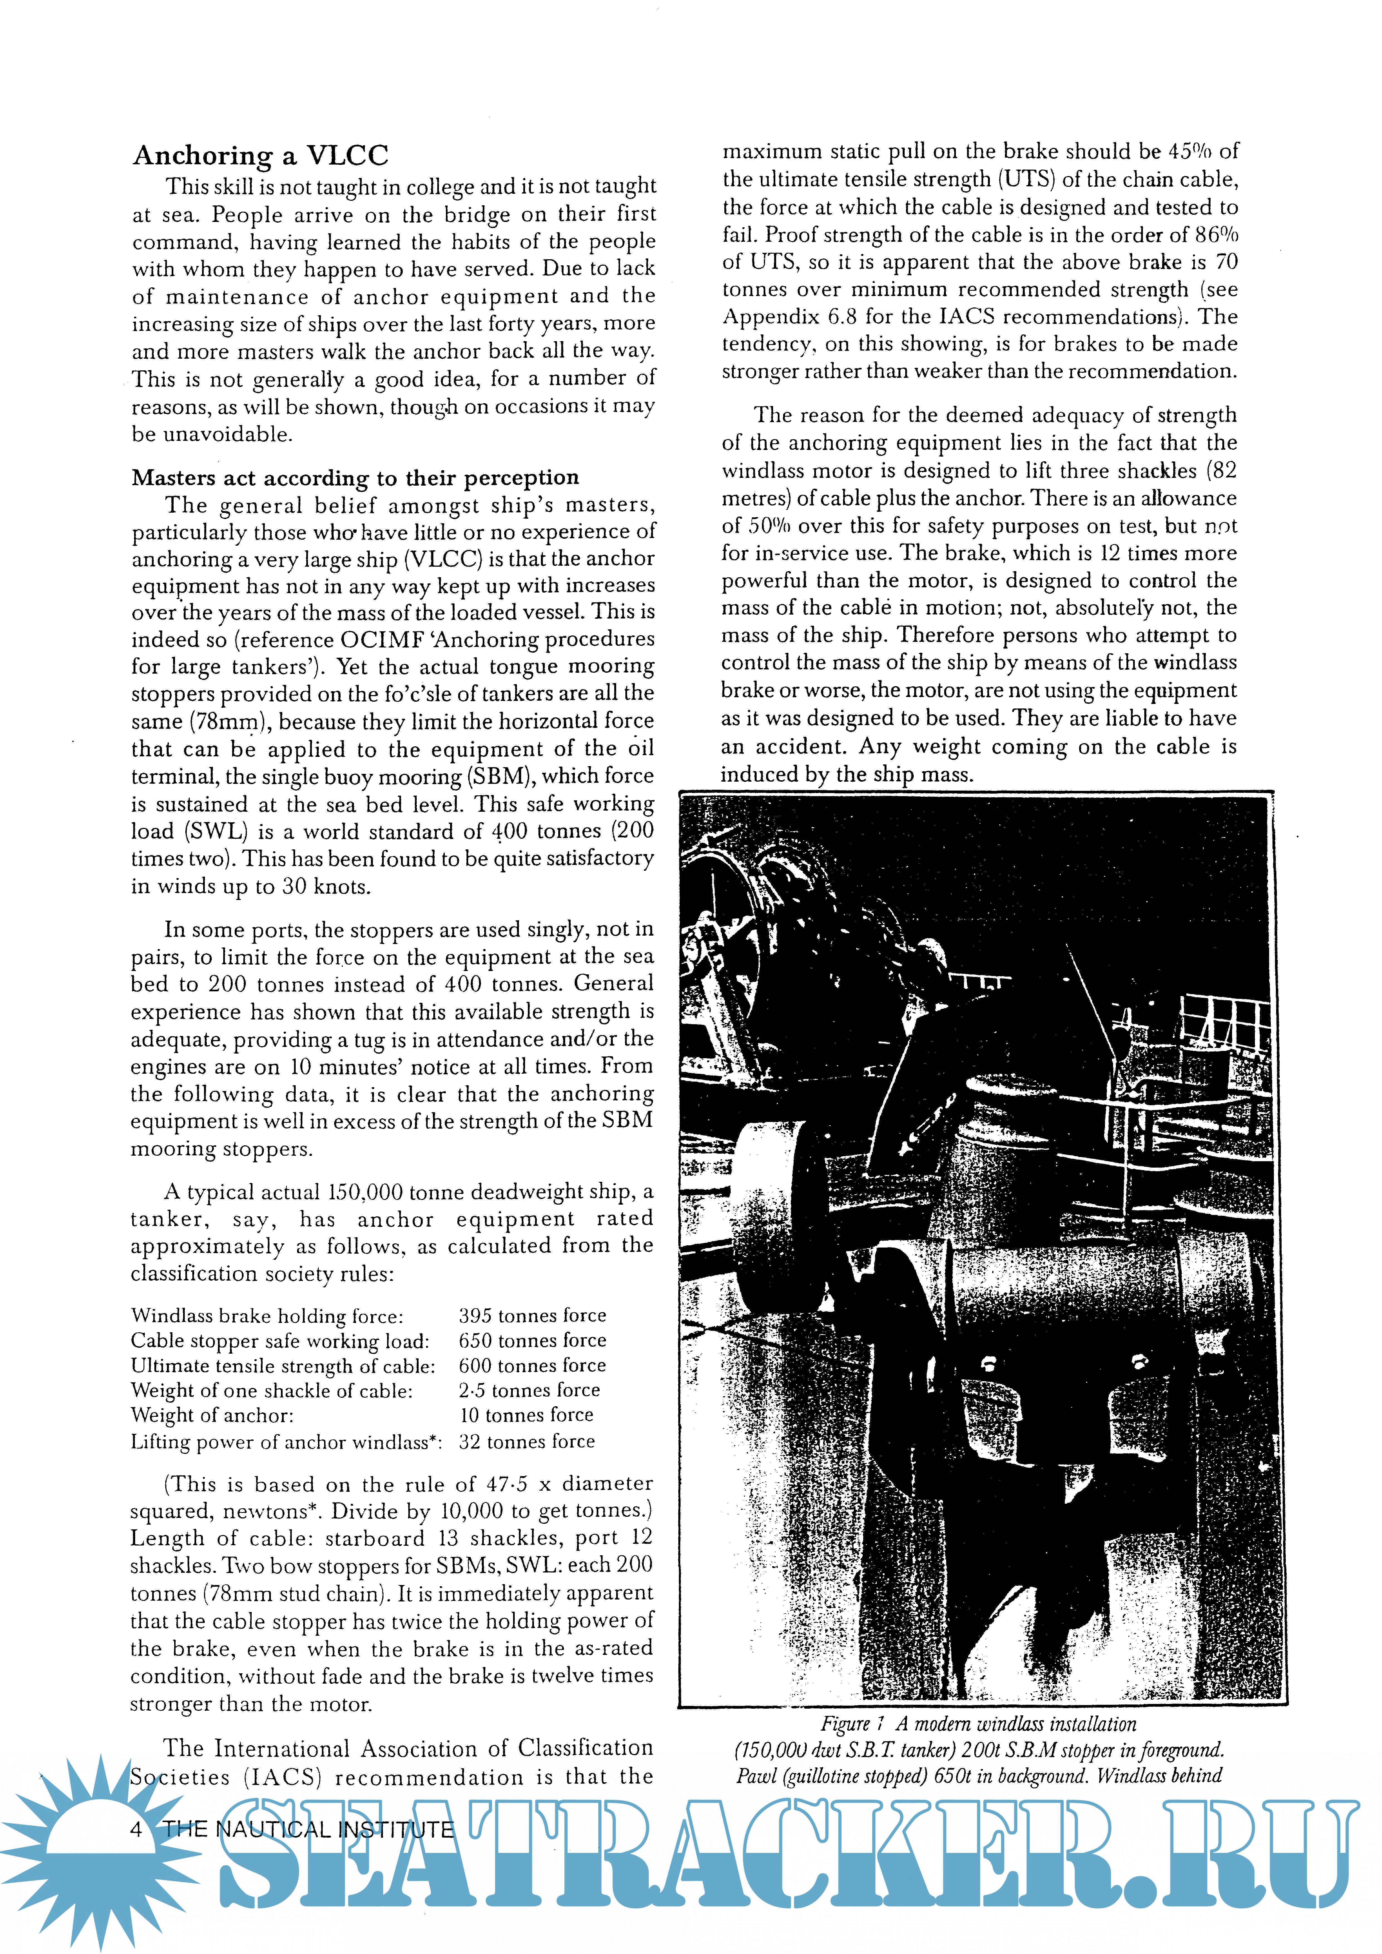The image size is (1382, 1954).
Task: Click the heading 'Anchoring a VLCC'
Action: [261, 156]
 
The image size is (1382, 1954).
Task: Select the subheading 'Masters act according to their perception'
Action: [355, 478]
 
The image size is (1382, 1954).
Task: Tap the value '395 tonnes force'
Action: [532, 1316]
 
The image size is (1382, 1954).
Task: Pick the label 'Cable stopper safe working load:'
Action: [280, 1341]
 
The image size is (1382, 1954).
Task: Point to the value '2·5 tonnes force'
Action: [529, 1391]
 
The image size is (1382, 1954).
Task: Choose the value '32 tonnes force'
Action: [526, 1442]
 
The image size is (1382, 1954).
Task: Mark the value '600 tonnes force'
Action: [532, 1366]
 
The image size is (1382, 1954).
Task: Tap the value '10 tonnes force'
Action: [526, 1415]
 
